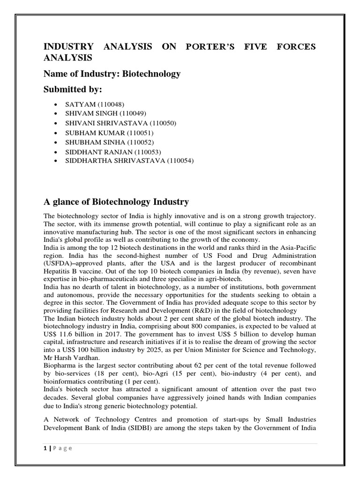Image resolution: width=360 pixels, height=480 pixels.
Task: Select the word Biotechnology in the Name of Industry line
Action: [152, 74]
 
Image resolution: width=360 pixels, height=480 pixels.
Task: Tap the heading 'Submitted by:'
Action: [73, 90]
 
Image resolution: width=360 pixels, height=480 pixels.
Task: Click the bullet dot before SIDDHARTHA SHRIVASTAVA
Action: [56, 161]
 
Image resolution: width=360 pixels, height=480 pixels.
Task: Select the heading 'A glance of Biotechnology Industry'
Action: [116, 202]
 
